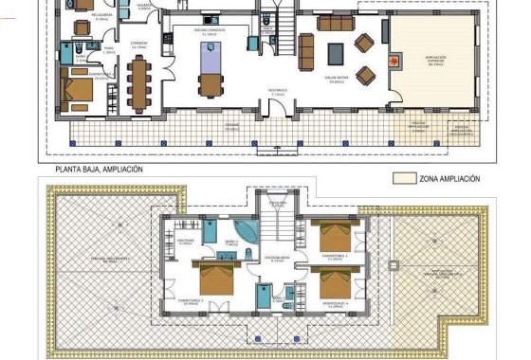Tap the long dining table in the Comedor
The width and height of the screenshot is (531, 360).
[x=140, y=79]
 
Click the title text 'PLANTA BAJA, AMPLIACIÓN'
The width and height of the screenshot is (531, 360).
[x=100, y=169]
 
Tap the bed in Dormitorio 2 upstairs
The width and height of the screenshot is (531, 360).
[x=213, y=278]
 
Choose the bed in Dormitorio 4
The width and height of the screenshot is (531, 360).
[x=332, y=281]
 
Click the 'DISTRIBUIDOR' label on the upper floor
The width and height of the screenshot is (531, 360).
[x=277, y=257]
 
